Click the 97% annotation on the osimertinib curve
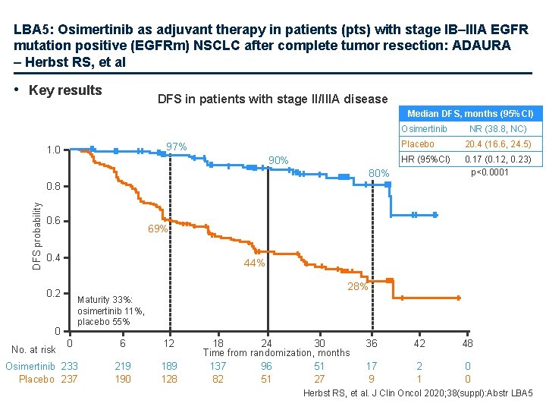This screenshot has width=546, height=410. click(177, 146)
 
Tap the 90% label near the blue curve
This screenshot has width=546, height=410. click(278, 160)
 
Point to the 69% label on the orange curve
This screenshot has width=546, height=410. click(158, 229)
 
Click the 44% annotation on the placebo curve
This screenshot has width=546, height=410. click(254, 263)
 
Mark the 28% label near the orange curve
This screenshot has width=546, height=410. click(358, 286)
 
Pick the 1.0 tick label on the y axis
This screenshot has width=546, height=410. click(53, 150)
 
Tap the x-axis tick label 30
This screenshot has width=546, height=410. click(319, 343)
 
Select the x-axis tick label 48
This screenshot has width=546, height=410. click(468, 343)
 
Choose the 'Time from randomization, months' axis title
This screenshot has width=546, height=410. click(276, 353)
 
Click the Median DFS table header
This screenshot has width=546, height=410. click(470, 113)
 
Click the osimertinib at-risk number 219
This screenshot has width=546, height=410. click(123, 366)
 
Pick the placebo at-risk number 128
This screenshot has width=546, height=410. click(170, 379)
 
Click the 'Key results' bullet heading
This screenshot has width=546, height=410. click(64, 90)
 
